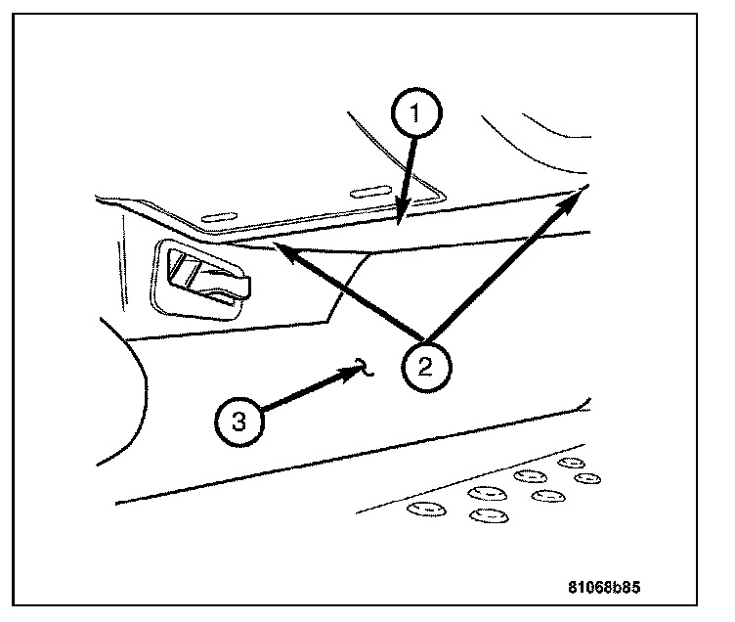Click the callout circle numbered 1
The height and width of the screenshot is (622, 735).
(x=416, y=114)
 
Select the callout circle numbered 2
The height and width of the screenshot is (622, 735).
(x=425, y=367)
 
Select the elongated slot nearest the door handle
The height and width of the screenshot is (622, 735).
(x=220, y=213)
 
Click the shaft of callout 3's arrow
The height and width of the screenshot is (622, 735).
(x=303, y=395)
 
